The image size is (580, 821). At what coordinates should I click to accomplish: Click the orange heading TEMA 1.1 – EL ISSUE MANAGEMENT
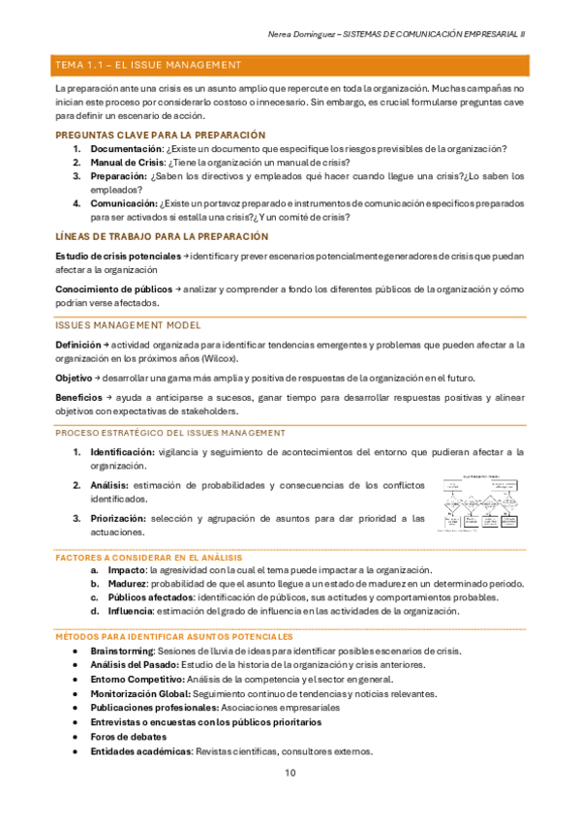click(x=148, y=65)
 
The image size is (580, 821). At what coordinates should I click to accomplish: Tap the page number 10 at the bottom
click(x=290, y=773)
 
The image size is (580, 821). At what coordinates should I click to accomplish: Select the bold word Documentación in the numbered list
click(x=127, y=149)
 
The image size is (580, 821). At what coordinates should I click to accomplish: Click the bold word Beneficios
click(x=81, y=398)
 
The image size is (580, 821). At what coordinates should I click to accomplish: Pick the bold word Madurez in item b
click(x=127, y=584)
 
